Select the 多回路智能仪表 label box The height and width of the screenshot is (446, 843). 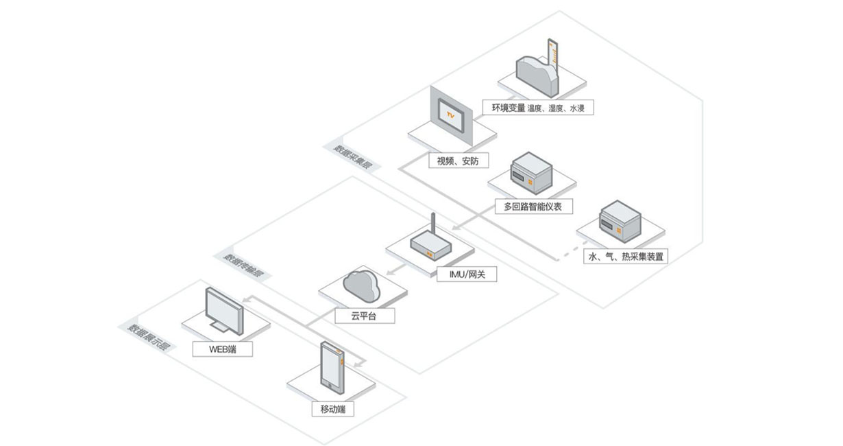pos(533,206)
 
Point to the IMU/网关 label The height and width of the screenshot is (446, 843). pos(467,274)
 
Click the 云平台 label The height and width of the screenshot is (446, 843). pos(364,316)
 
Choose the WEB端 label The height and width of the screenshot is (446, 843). pos(223,349)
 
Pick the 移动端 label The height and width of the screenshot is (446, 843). pos(333,410)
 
